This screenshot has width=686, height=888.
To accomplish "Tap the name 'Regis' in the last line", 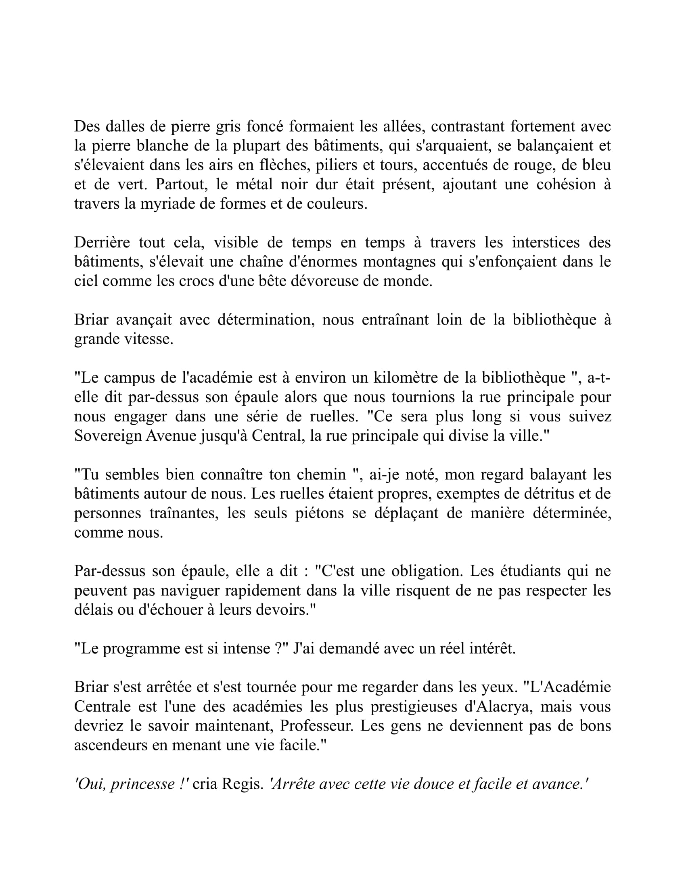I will coord(243,783).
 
